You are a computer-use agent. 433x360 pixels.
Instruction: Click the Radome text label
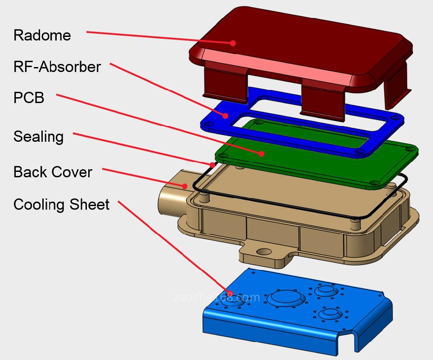pyautogui.click(x=42, y=35)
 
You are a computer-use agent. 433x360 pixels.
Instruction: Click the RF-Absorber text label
pyautogui.click(x=57, y=67)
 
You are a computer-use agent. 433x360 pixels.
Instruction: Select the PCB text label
pyautogui.click(x=29, y=98)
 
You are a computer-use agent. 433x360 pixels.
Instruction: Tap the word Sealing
pyautogui.click(x=38, y=136)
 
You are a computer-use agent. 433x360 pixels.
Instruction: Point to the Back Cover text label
pyautogui.click(x=53, y=172)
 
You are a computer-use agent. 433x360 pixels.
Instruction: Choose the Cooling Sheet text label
pyautogui.click(x=61, y=204)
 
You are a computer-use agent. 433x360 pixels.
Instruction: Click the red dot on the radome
pyautogui.click(x=233, y=43)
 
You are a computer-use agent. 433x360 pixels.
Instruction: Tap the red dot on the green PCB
pyautogui.click(x=261, y=153)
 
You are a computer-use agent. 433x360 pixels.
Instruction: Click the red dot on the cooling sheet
pyautogui.click(x=230, y=294)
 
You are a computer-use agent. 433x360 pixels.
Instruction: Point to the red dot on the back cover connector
pyautogui.click(x=185, y=185)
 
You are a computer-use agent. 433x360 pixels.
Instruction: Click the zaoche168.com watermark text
pyautogui.click(x=216, y=297)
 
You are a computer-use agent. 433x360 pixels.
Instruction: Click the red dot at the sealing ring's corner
pyautogui.click(x=212, y=164)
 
